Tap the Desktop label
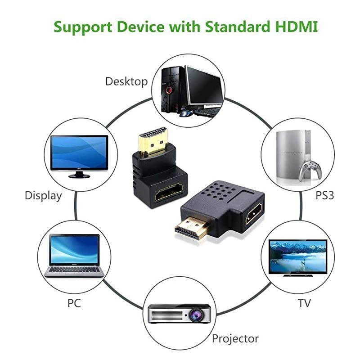point(126,81)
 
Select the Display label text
point(43,196)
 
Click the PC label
point(74,303)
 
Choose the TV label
point(304,303)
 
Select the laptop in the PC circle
point(74,256)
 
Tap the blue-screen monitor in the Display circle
point(79,153)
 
